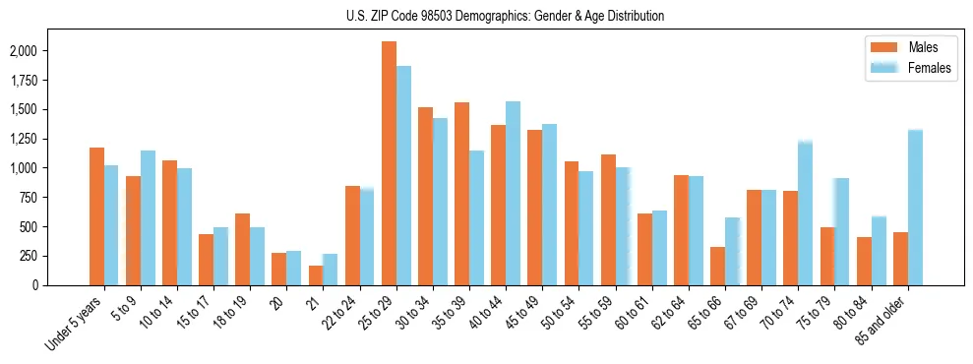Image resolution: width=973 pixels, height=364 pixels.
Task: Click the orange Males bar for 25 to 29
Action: click(x=389, y=163)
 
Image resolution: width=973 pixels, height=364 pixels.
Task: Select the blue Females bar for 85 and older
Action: click(x=915, y=208)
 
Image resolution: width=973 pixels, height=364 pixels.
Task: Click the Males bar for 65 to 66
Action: click(x=717, y=266)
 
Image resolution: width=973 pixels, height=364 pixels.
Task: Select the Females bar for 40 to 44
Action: click(x=513, y=193)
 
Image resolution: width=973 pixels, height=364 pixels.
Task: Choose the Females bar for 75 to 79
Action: click(x=841, y=231)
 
